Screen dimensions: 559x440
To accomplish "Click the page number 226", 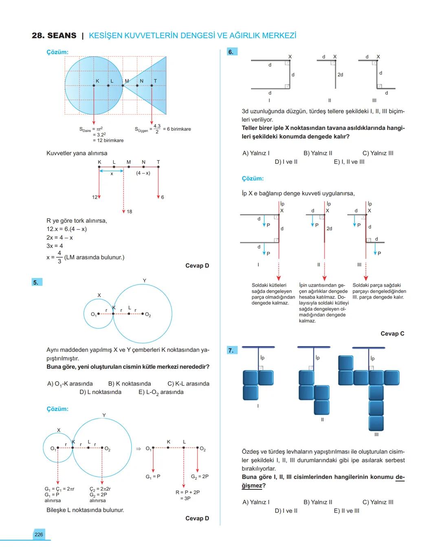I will click(39, 535).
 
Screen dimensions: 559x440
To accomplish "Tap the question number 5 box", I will click(36, 282).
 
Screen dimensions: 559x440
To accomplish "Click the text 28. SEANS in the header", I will click(54, 36).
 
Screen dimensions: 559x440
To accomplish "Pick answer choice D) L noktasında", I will click(101, 392).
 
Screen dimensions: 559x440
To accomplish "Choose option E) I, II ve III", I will click(349, 162).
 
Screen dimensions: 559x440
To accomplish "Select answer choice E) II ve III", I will click(347, 511).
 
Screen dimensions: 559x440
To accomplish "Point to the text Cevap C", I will click(392, 333).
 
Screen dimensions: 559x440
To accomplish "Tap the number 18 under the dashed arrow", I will click(129, 212).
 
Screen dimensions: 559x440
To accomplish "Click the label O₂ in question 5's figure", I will click(147, 315).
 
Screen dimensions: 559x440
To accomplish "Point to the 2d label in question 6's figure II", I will click(340, 75).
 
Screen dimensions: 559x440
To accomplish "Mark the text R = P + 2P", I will click(187, 492).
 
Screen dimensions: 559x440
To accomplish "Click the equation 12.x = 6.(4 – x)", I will click(66, 229).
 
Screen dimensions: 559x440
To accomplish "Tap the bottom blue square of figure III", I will click(376, 423).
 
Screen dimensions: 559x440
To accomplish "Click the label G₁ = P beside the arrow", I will click(153, 476).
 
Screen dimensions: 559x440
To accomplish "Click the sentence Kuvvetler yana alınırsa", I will click(77, 153).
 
